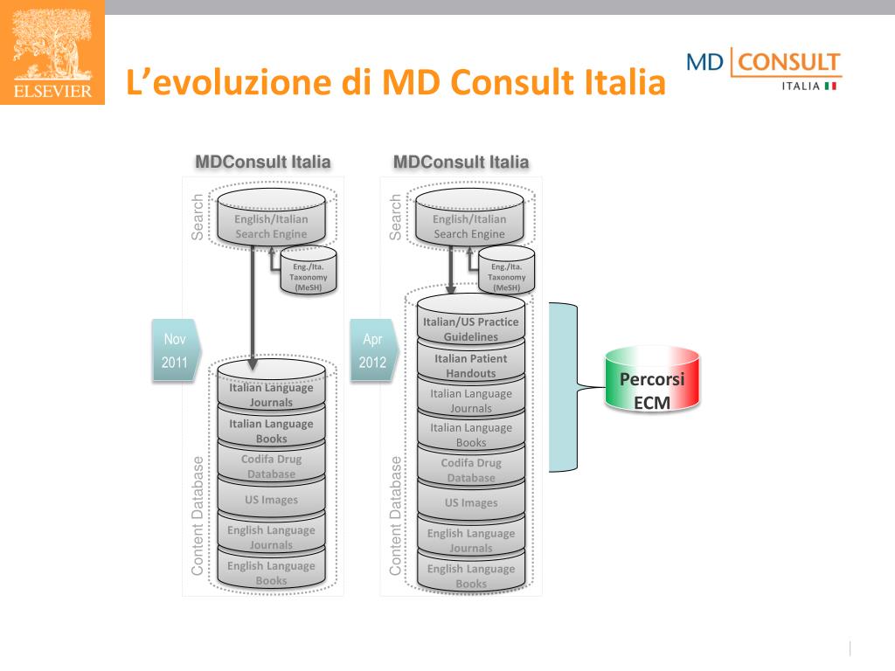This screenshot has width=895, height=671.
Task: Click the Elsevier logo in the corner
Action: pyautogui.click(x=52, y=52)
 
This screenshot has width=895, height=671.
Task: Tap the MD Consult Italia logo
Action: pyautogui.click(x=763, y=70)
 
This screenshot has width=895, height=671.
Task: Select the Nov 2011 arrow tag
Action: pyautogui.click(x=176, y=350)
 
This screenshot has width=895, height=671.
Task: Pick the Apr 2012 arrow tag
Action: pyautogui.click(x=373, y=350)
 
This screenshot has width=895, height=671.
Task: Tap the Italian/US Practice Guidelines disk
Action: pyautogui.click(x=470, y=329)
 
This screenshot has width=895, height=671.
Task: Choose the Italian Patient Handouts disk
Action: pyautogui.click(x=470, y=365)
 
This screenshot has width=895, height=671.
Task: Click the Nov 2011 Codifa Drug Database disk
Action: pyautogui.click(x=271, y=466)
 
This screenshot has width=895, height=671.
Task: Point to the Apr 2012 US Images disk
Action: pyautogui.click(x=470, y=502)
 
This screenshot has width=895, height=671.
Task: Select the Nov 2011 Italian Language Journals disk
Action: pyautogui.click(x=271, y=393)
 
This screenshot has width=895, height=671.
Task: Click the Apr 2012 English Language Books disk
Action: pyautogui.click(x=470, y=575)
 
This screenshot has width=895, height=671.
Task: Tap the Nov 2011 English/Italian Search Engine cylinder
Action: pyautogui.click(x=271, y=225)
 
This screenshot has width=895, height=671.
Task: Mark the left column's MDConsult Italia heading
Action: pyautogui.click(x=262, y=162)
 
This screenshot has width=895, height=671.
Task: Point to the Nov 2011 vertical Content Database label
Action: pyautogui.click(x=198, y=515)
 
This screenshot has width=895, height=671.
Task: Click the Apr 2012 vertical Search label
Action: pyautogui.click(x=396, y=218)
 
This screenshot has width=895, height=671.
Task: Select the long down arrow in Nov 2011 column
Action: pyautogui.click(x=253, y=306)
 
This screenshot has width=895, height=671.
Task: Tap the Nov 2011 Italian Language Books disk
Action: pyautogui.click(x=271, y=430)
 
